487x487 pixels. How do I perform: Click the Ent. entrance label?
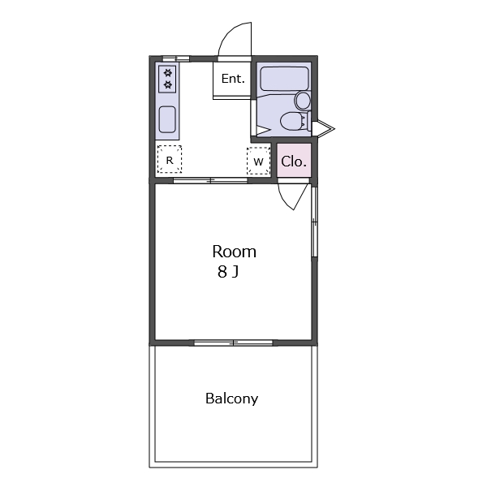point(233,79)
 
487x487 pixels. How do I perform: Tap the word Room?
point(235,252)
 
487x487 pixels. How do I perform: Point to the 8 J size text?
point(228,272)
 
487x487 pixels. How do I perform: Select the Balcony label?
point(231,399)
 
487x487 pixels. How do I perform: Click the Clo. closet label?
point(294,162)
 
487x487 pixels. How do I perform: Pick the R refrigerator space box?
point(170,159)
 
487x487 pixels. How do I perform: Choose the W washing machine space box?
point(258,161)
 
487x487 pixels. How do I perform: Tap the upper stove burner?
point(168,73)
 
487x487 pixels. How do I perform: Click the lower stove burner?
point(168,84)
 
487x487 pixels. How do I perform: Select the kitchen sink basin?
point(167,119)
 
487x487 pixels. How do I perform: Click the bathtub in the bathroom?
point(284,79)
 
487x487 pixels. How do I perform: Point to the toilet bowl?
point(294,121)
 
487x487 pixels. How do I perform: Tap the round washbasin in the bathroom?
point(303,101)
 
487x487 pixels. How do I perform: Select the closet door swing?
point(293,196)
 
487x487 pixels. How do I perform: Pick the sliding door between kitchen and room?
point(210,180)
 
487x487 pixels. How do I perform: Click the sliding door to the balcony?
point(233,343)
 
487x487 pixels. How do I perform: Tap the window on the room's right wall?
point(314,222)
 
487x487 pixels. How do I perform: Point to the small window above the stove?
point(176,58)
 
